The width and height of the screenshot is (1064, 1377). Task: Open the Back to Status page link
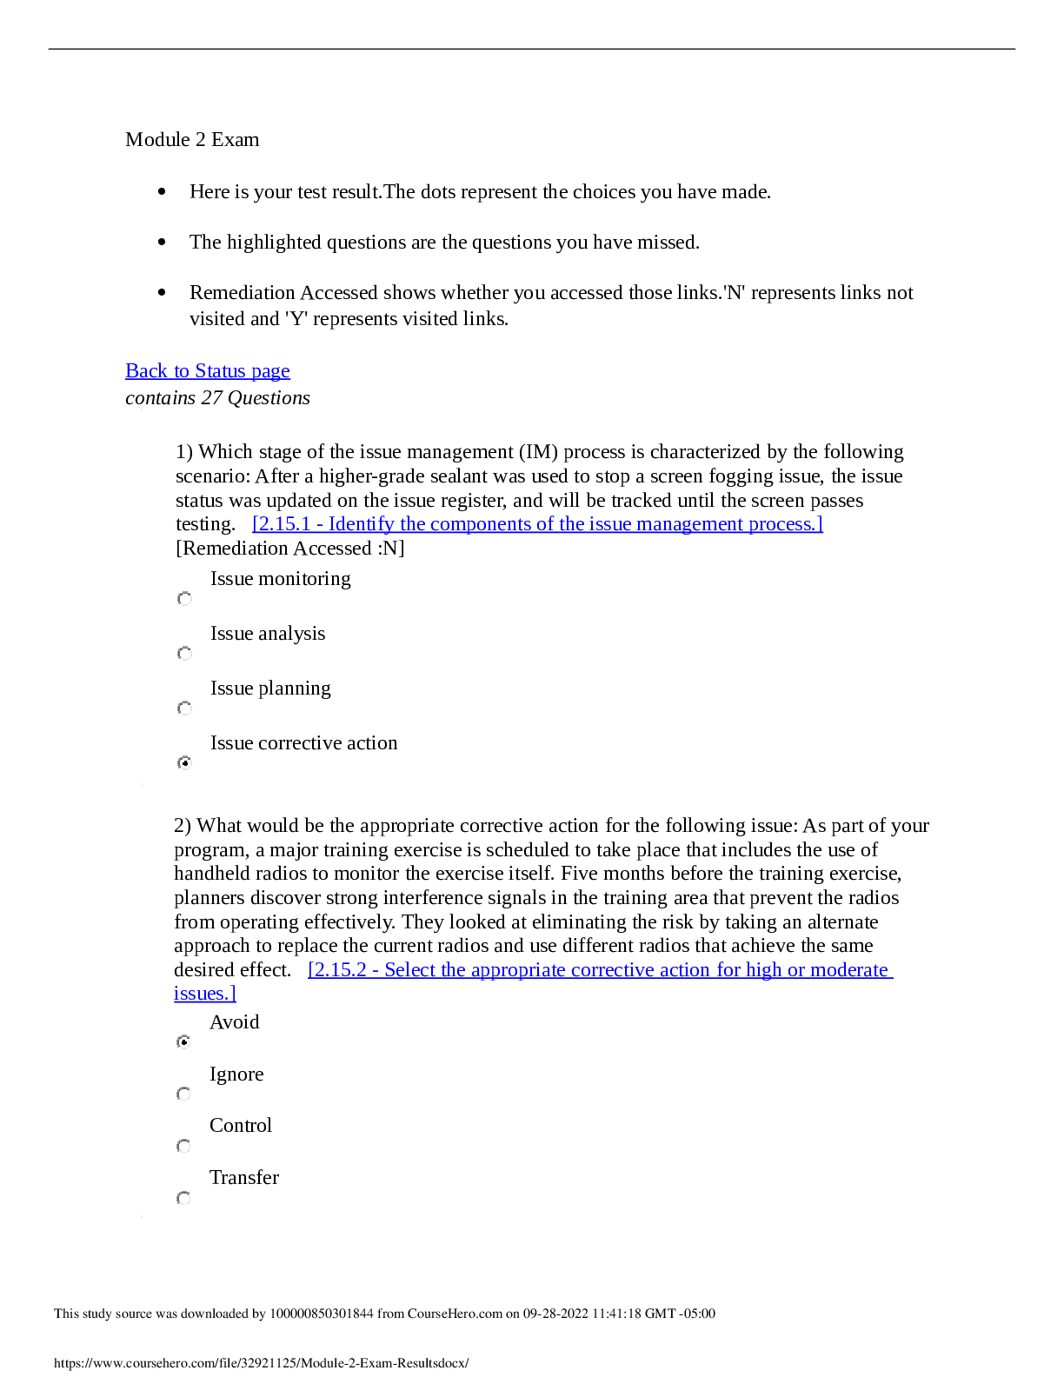pos(207,371)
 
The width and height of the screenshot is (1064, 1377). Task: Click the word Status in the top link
pos(220,371)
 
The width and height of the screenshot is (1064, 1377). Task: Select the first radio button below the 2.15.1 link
pos(184,599)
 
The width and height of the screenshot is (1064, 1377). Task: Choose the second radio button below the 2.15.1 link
pos(184,654)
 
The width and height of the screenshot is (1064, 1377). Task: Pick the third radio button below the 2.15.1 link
pos(184,708)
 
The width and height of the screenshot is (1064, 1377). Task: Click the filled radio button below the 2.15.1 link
pos(184,763)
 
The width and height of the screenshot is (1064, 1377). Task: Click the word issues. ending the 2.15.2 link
pos(204,994)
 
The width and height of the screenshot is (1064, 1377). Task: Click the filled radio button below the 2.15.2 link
pos(183,1041)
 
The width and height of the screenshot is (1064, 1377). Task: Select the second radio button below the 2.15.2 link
pos(183,1094)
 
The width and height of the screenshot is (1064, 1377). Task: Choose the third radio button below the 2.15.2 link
pos(183,1146)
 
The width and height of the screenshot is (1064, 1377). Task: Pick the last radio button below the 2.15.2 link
pos(183,1198)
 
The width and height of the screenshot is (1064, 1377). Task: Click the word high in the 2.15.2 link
pos(763,970)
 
